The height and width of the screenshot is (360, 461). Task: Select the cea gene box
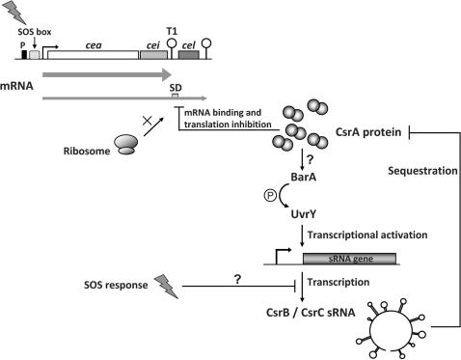click(x=93, y=57)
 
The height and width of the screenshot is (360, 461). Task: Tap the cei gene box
click(x=152, y=57)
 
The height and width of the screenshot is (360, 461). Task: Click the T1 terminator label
click(x=172, y=31)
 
